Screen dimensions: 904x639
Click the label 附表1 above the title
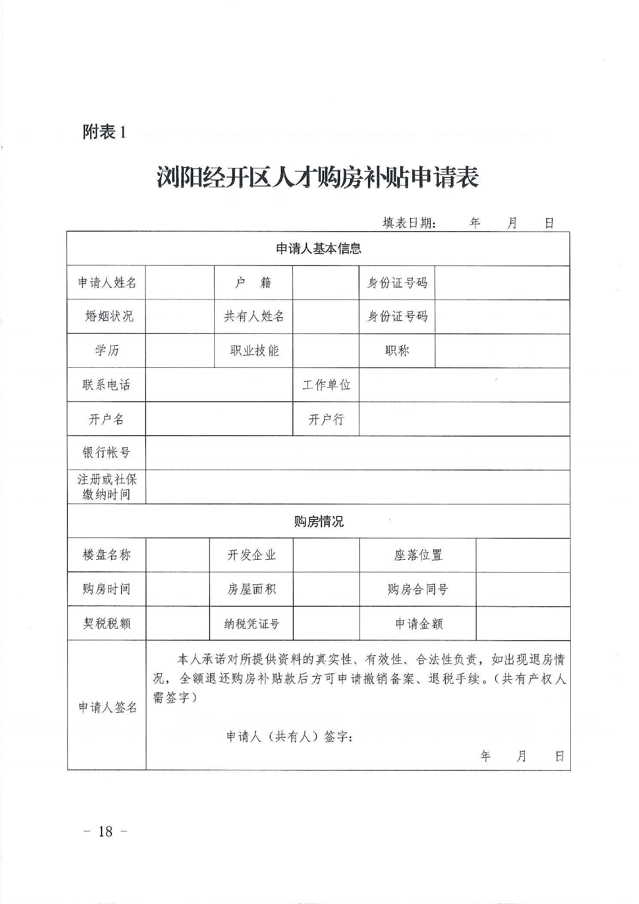click(105, 132)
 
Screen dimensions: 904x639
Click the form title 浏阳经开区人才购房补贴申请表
click(318, 177)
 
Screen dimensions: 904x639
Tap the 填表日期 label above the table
click(408, 223)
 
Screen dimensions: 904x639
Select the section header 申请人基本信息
click(318, 249)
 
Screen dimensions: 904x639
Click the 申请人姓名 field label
click(106, 283)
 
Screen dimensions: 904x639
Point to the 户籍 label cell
click(253, 283)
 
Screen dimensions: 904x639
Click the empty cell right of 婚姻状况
click(180, 317)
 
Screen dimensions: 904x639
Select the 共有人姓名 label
click(253, 317)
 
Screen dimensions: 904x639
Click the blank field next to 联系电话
click(219, 385)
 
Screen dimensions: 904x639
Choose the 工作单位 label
click(326, 385)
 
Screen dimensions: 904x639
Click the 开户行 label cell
click(326, 419)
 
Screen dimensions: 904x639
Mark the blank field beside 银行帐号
click(357, 453)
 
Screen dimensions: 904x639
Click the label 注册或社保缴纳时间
click(106, 487)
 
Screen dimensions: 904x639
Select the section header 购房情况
click(319, 522)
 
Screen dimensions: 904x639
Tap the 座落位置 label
click(418, 555)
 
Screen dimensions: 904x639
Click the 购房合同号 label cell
click(418, 589)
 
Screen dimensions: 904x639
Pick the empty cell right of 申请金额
click(523, 623)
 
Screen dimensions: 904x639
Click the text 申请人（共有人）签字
click(289, 737)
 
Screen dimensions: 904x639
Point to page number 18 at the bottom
click(105, 831)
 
